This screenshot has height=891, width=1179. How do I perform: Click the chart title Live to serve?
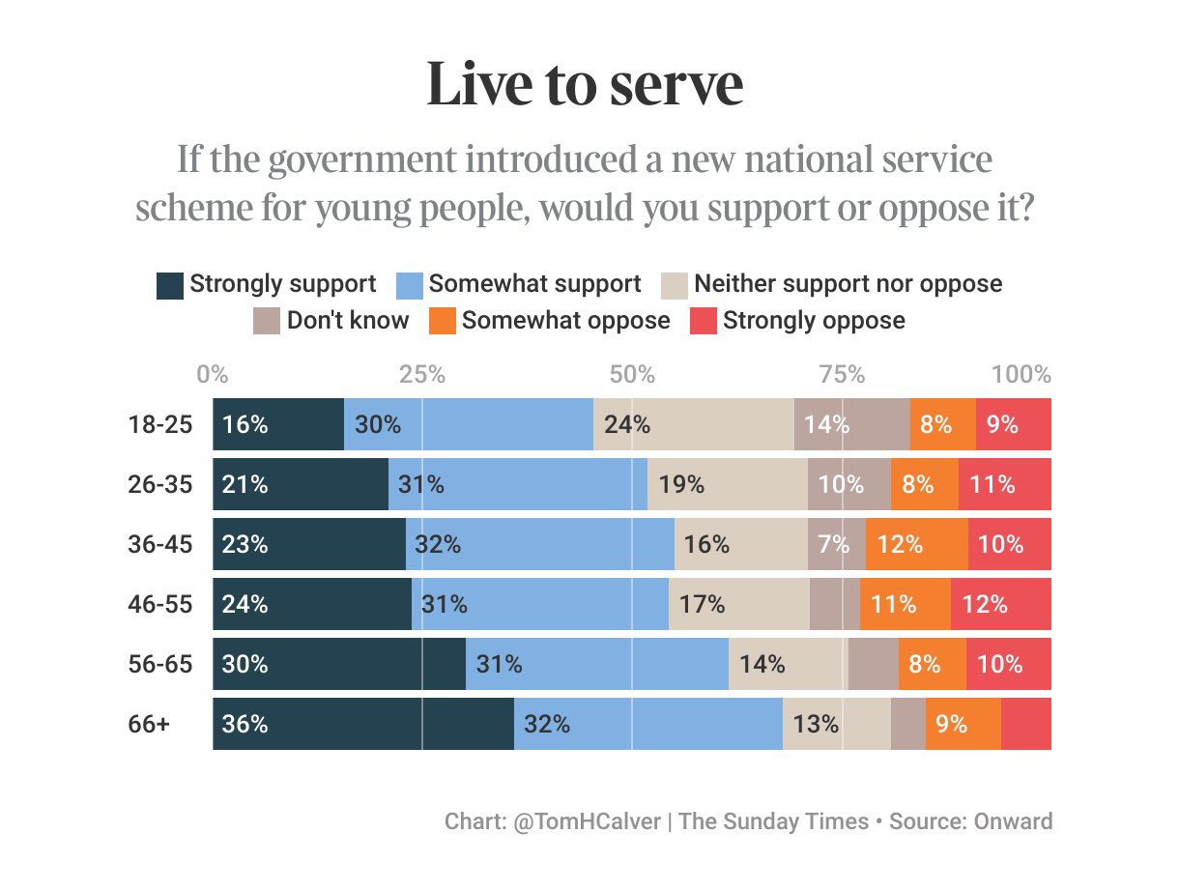585,85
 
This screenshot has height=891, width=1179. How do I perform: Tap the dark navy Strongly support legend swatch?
170,285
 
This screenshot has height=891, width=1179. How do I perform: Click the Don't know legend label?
347,321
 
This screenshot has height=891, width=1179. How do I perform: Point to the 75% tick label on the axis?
842,375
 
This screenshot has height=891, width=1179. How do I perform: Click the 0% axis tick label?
213,375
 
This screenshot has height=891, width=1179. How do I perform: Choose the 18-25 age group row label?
160,424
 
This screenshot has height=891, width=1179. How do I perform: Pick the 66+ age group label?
149,724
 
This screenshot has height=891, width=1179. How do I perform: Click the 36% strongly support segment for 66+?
362,724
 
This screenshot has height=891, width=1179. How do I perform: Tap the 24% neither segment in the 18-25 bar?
693,424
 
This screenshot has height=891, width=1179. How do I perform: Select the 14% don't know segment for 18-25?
851,424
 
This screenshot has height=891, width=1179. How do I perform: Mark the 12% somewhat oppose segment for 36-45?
916,544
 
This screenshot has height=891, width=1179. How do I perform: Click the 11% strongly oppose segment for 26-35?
1004,484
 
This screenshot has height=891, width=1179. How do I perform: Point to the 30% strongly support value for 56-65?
244,664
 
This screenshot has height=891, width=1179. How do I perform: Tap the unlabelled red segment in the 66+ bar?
1026,724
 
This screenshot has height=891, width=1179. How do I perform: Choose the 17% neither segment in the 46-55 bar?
738,604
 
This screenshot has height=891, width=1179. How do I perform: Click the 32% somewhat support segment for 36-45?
539,544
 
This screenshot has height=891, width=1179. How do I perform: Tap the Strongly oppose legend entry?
798,321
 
